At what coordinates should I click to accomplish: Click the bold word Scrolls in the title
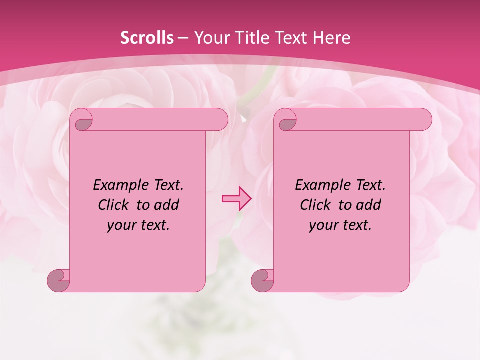click(x=147, y=38)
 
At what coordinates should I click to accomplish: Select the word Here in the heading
click(x=331, y=38)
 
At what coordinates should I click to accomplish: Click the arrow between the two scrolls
click(x=237, y=198)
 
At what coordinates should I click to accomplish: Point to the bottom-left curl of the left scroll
click(x=58, y=280)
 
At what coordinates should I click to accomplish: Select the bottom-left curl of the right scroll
click(x=263, y=280)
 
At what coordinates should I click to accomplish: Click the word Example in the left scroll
click(x=118, y=185)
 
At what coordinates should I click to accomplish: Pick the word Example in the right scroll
click(x=320, y=185)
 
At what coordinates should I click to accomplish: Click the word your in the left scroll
click(x=120, y=226)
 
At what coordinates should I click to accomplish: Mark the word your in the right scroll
click(x=322, y=226)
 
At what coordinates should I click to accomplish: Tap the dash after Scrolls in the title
click(x=183, y=38)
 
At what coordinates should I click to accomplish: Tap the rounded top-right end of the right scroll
click(x=423, y=120)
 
